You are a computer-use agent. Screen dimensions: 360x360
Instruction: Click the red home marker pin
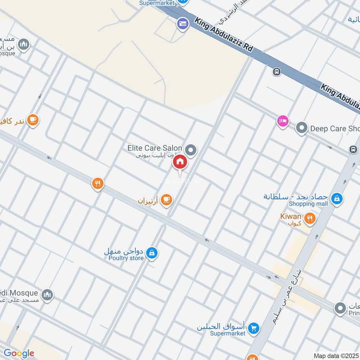[x=180, y=162]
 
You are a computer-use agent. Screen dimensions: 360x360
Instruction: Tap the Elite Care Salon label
[x=154, y=148]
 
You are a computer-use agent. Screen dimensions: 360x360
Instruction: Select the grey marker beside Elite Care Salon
[x=191, y=150]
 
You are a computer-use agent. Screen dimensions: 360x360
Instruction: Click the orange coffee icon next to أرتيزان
[x=166, y=199]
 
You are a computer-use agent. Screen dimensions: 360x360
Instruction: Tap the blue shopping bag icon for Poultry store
[x=152, y=253]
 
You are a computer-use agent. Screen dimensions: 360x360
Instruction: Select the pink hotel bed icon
[x=283, y=121]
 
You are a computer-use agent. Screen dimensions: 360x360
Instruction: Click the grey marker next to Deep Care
[x=301, y=128]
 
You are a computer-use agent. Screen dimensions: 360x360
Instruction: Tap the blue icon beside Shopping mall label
[x=336, y=198]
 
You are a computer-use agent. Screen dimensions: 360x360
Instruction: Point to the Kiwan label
[x=290, y=216]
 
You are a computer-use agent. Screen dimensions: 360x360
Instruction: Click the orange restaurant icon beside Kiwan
[x=310, y=219]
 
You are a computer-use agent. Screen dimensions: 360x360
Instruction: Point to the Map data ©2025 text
[x=336, y=355]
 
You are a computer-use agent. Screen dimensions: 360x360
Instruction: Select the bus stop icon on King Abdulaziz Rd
[x=276, y=72]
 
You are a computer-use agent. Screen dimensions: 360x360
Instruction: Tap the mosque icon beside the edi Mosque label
[x=47, y=295]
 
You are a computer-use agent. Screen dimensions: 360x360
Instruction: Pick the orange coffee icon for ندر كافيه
[x=32, y=119]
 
